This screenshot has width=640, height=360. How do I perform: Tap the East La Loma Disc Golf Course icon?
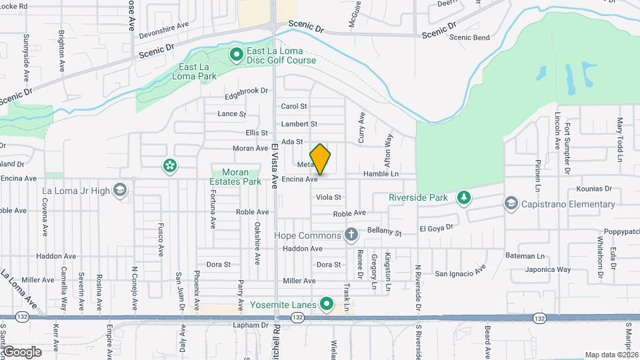point(235,54)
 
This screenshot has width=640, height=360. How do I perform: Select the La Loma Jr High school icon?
point(120,191)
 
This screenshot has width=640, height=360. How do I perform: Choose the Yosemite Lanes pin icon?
point(326,305)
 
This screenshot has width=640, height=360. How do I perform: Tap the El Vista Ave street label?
point(274,160)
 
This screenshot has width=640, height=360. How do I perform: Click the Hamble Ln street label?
point(381,174)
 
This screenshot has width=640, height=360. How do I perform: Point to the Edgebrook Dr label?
point(246,91)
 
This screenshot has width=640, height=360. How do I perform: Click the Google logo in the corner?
point(22,351)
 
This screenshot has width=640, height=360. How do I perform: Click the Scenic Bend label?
point(469,37)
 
